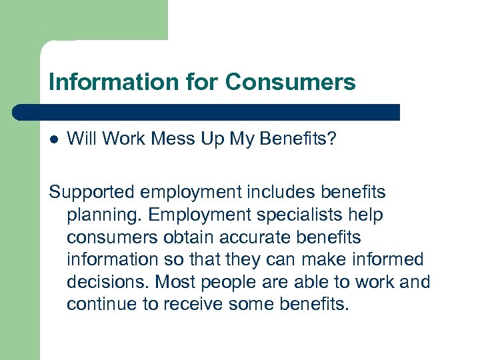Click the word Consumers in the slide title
[290, 83]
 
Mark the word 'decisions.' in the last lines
[107, 281]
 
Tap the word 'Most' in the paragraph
[175, 281]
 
